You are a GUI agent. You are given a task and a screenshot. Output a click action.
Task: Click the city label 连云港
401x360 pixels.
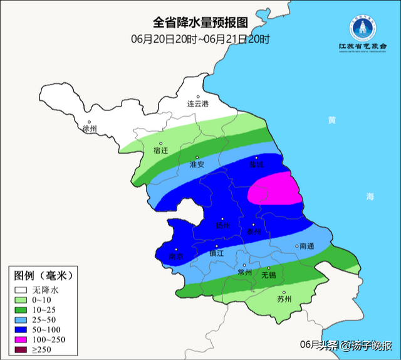tap(197, 102)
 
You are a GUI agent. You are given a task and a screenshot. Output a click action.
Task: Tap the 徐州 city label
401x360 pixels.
tap(90, 128)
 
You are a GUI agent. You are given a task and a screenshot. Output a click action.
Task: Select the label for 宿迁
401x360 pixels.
tap(161, 151)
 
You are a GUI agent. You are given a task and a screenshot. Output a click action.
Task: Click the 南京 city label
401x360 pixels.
tap(176, 257)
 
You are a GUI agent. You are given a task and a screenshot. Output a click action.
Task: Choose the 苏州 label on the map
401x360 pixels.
tap(284, 299)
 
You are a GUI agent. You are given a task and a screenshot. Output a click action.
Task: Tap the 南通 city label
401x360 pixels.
tap(306, 246)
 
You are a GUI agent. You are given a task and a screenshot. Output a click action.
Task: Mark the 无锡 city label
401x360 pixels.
tap(268, 275)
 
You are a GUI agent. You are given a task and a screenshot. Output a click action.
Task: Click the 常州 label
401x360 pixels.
tap(244, 273)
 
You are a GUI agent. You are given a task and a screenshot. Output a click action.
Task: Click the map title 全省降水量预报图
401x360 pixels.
tap(200, 23)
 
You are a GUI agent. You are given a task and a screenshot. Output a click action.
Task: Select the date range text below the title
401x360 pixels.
tap(200, 38)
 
